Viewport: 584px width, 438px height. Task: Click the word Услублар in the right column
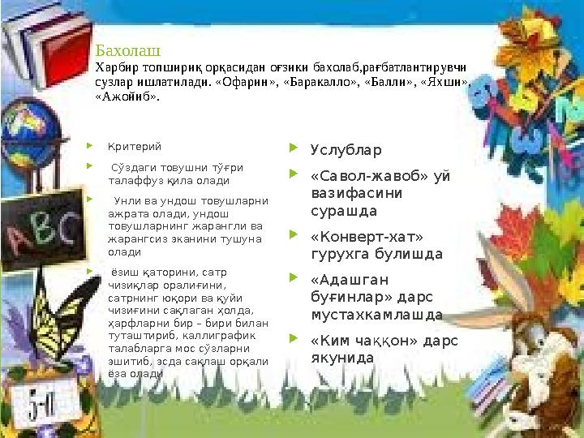click(x=346, y=150)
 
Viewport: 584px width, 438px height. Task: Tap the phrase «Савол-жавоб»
click(x=358, y=175)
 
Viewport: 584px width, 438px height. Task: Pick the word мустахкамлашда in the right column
click(x=365, y=314)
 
